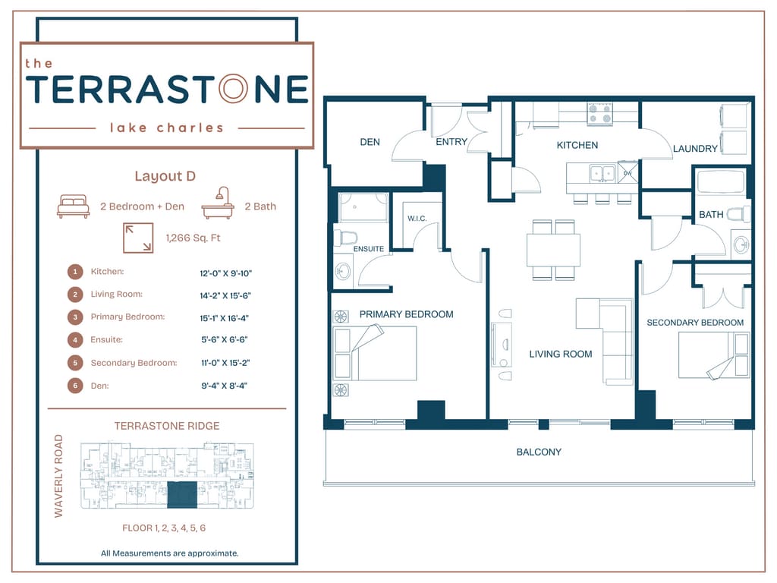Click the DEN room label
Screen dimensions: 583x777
[x=370, y=142]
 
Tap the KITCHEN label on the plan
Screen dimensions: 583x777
[x=577, y=145]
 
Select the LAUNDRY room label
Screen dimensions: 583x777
[x=695, y=149]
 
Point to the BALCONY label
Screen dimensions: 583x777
[x=539, y=452]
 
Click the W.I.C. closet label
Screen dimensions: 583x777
[x=418, y=219]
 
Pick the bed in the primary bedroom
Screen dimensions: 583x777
[x=375, y=352]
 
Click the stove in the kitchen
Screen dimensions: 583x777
[x=599, y=115]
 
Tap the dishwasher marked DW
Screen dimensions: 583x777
[x=628, y=173]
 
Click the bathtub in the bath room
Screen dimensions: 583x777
[x=719, y=182]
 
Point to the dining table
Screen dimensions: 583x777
[x=553, y=250]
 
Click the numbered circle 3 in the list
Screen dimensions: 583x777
[x=75, y=317]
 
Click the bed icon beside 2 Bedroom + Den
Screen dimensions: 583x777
[x=74, y=206]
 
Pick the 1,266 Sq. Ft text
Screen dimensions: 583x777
[x=193, y=238]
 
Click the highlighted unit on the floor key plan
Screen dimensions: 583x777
[x=181, y=493]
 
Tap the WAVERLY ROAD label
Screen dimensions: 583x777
[x=59, y=476]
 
